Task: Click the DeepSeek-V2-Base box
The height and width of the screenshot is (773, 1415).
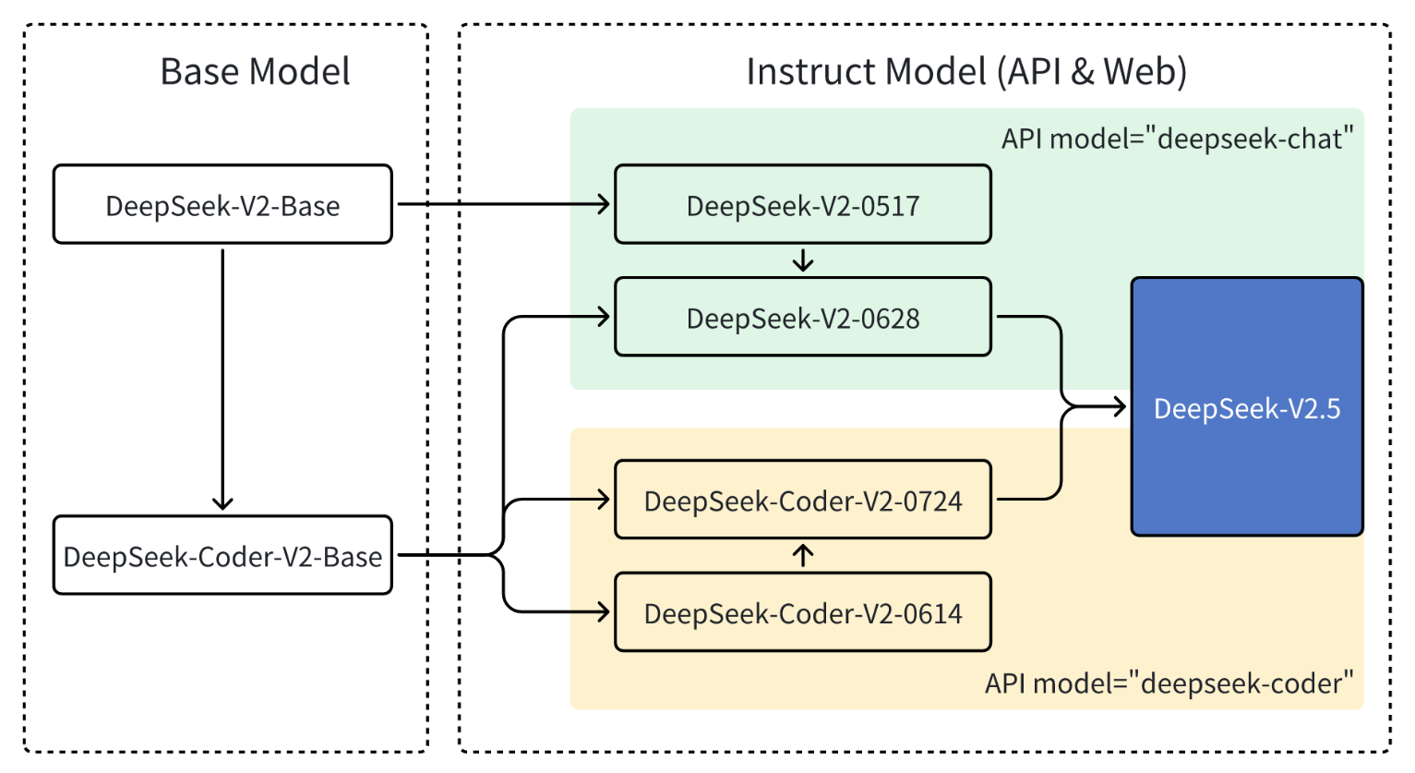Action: click(222, 205)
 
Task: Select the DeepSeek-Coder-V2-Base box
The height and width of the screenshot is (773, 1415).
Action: click(222, 556)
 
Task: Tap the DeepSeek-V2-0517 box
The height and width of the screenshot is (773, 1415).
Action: click(802, 205)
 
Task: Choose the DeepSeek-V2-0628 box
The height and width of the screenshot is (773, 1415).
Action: click(802, 318)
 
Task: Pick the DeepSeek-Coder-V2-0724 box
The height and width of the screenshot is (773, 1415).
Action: click(802, 501)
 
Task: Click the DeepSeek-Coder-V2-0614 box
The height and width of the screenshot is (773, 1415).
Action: click(802, 613)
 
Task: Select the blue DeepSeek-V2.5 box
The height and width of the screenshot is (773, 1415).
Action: click(1246, 407)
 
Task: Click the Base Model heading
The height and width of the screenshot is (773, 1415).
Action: click(255, 72)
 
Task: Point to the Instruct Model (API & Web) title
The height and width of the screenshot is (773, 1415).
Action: click(965, 72)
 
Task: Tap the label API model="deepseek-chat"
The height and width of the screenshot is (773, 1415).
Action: click(1177, 139)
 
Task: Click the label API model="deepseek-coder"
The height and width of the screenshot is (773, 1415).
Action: click(1169, 683)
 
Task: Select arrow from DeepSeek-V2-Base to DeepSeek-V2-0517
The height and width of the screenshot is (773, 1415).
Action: click(503, 204)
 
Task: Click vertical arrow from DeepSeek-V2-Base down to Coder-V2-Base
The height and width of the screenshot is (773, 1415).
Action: click(222, 379)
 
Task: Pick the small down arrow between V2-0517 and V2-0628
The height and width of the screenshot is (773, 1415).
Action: click(803, 261)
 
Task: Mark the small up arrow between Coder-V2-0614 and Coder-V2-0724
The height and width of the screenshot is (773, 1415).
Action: click(803, 555)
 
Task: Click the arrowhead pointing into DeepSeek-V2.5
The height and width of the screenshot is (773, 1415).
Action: click(1120, 406)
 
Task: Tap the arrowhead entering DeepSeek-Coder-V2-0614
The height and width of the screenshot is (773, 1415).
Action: click(604, 611)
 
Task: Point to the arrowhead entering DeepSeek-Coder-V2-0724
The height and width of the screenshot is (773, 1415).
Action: click(604, 501)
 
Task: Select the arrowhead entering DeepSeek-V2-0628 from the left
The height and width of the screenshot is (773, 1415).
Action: click(604, 318)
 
